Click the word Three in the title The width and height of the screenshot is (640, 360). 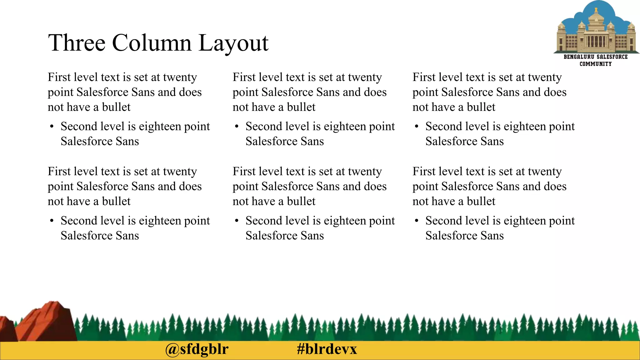pyautogui.click(x=77, y=43)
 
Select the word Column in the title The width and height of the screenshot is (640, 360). pyautogui.click(x=152, y=43)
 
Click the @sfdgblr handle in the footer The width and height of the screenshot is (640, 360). pyautogui.click(x=197, y=349)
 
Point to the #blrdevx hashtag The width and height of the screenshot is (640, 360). pyautogui.click(x=327, y=349)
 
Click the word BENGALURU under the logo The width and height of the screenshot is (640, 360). pyautogui.click(x=578, y=57)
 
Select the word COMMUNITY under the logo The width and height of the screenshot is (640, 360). pyautogui.click(x=596, y=64)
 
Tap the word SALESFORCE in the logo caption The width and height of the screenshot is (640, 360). pyautogui.click(x=612, y=57)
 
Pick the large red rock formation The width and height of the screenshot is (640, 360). pyautogui.click(x=47, y=322)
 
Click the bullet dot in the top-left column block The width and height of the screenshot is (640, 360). pyautogui.click(x=52, y=127)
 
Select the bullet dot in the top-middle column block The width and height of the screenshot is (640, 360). pyautogui.click(x=237, y=127)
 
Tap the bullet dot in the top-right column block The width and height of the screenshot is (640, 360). pyautogui.click(x=417, y=127)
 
